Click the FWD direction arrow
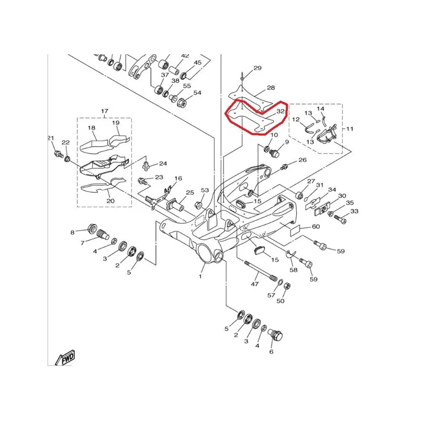point(65,358)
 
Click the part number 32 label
point(280,111)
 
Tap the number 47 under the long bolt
point(255,284)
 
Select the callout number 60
point(316,227)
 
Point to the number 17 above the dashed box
point(105,111)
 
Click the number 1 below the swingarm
point(201,276)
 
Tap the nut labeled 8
point(93,229)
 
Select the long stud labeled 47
point(260,270)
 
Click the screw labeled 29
point(243,77)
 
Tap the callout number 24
point(163,164)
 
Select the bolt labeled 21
point(58,154)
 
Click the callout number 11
point(349,129)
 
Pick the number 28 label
point(270,88)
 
